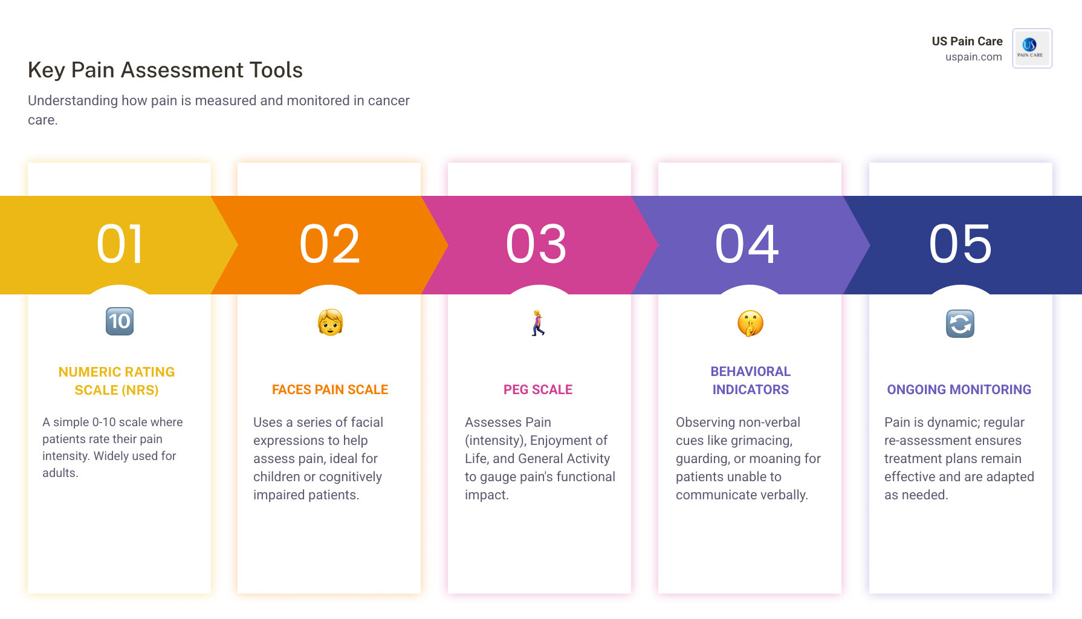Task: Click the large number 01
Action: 120,244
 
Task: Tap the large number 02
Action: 330,244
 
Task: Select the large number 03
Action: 537,244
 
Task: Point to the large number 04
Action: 747,244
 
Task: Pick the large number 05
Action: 961,244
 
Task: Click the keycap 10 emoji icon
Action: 120,321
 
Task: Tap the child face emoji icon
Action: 330,322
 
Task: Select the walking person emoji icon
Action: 538,323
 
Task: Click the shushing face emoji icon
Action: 750,323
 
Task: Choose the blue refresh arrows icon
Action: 960,323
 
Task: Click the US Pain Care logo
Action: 1032,48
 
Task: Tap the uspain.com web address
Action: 974,57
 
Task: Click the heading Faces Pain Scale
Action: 330,390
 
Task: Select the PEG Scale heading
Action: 538,390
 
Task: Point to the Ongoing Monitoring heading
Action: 959,390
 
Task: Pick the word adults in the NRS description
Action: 60,473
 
